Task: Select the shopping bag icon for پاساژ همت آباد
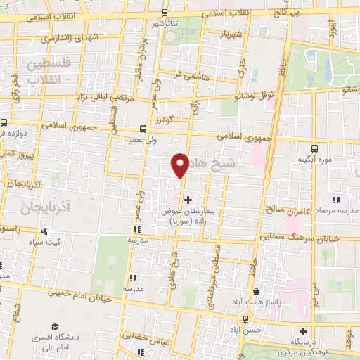tap(257, 291)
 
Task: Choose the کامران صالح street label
tap(286, 209)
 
